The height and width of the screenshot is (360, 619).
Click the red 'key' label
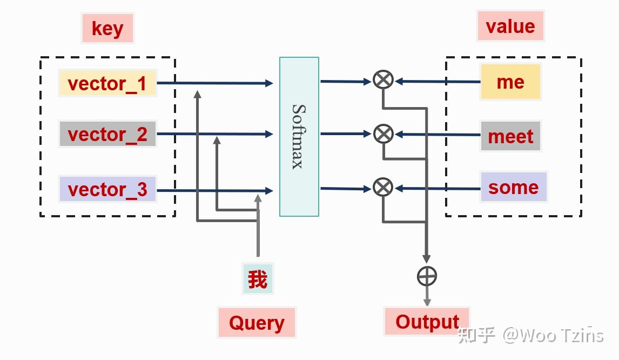click(107, 28)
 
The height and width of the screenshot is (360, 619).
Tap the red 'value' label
click(510, 26)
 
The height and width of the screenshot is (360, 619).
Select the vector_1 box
click(107, 83)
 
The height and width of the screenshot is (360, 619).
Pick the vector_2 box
click(107, 134)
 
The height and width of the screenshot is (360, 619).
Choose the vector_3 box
click(107, 189)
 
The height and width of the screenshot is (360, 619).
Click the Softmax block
click(299, 136)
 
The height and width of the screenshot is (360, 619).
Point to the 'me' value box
click(510, 82)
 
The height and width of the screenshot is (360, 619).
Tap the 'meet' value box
click(510, 136)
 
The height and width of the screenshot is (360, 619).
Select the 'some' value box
click(513, 187)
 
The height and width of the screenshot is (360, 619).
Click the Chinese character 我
click(258, 279)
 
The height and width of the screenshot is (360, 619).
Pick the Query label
click(257, 323)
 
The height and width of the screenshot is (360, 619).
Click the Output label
click(427, 321)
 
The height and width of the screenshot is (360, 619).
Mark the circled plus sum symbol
click(427, 276)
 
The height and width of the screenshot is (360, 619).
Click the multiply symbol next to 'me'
click(383, 80)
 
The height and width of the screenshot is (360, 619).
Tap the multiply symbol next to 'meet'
click(383, 134)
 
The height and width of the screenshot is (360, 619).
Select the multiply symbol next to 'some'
click(383, 188)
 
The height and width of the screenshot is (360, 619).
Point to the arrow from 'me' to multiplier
click(438, 82)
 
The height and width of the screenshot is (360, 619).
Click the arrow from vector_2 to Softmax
click(216, 134)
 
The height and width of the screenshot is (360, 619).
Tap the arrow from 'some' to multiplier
click(438, 189)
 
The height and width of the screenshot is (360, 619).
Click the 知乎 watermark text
click(476, 335)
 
